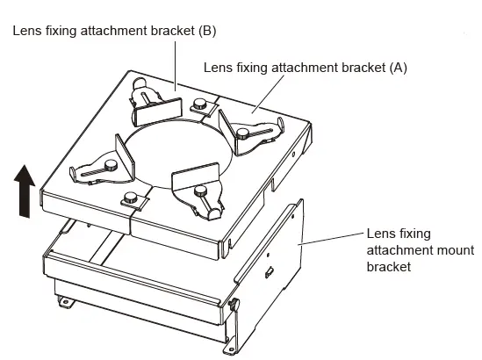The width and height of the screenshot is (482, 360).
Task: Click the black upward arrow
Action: click(25, 192)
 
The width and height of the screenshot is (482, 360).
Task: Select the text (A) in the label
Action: click(396, 67)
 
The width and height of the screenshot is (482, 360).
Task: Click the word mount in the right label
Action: click(438, 250)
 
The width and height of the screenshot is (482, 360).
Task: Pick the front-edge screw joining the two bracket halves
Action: click(131, 198)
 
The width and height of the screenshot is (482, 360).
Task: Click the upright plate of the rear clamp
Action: click(158, 110)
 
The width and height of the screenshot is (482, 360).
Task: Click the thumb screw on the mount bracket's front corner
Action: click(234, 305)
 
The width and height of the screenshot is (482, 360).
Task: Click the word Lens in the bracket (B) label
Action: click(26, 31)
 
